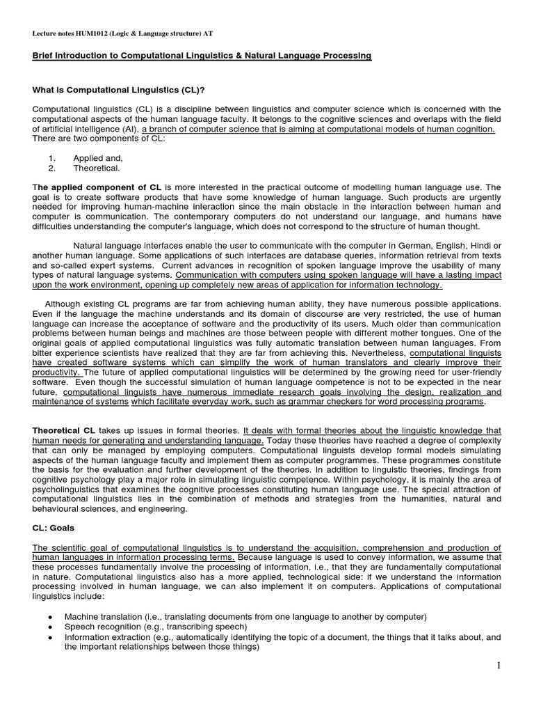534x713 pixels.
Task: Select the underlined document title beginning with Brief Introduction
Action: tap(202, 56)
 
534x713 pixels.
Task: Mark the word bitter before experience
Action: tap(44, 353)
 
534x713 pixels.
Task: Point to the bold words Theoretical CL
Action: tap(65, 432)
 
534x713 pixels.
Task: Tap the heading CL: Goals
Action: tap(58, 528)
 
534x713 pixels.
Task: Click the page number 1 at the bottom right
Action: tap(499, 667)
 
